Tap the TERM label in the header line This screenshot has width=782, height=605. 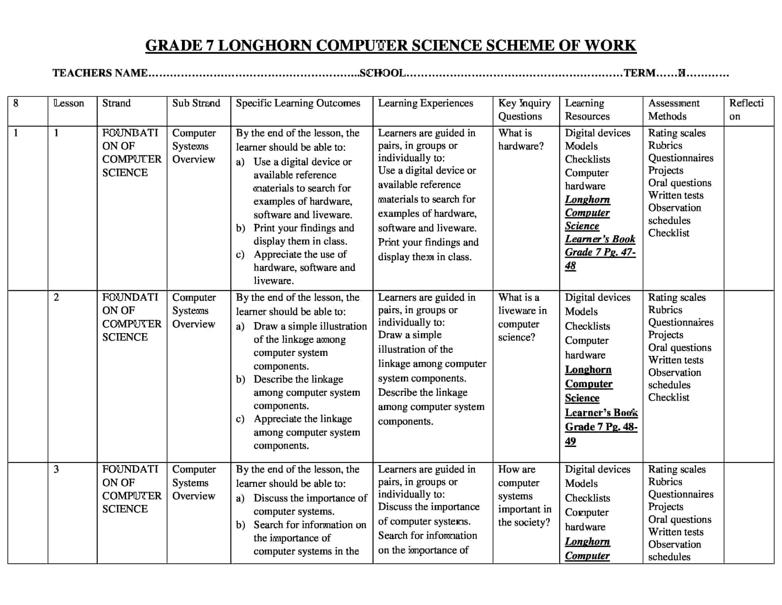[x=639, y=73]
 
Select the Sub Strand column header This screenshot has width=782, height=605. [x=196, y=103]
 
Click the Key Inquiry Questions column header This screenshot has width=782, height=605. [x=524, y=109]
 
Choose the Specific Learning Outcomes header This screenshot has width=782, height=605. [x=298, y=103]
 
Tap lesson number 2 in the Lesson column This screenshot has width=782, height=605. [x=56, y=297]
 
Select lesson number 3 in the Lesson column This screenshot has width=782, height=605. [x=56, y=469]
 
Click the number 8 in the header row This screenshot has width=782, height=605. [x=16, y=103]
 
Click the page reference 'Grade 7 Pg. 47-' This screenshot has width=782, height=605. [x=600, y=252]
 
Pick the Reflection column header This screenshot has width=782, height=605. [x=746, y=109]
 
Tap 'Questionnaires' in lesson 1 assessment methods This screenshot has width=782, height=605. [x=680, y=158]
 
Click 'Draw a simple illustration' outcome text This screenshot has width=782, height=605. [x=310, y=326]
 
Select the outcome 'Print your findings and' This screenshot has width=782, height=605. [x=304, y=228]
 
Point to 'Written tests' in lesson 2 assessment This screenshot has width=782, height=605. [x=675, y=360]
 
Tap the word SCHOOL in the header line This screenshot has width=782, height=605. [x=382, y=73]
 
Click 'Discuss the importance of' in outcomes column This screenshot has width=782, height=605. [x=310, y=498]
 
